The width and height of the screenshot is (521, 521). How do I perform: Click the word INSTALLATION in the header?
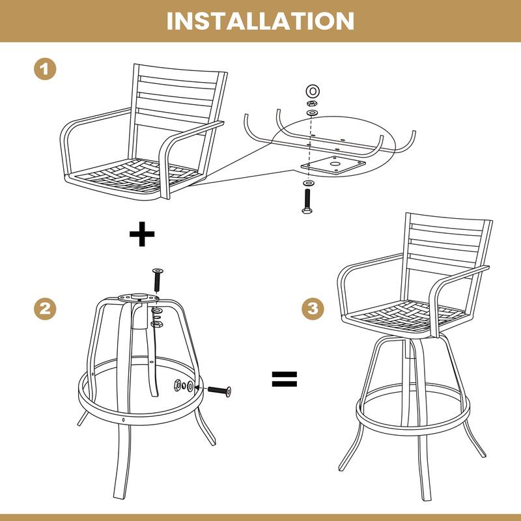coord(260,20)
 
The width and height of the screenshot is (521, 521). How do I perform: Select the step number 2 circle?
coord(44,309)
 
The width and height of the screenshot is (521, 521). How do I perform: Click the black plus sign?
coord(142,235)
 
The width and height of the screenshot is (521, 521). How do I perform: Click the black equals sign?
coord(284,379)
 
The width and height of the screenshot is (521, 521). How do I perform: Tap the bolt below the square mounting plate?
coord(306,201)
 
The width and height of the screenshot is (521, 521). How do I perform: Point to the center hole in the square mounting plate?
coord(335,163)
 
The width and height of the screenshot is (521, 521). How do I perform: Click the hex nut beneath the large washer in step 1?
coord(311,102)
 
